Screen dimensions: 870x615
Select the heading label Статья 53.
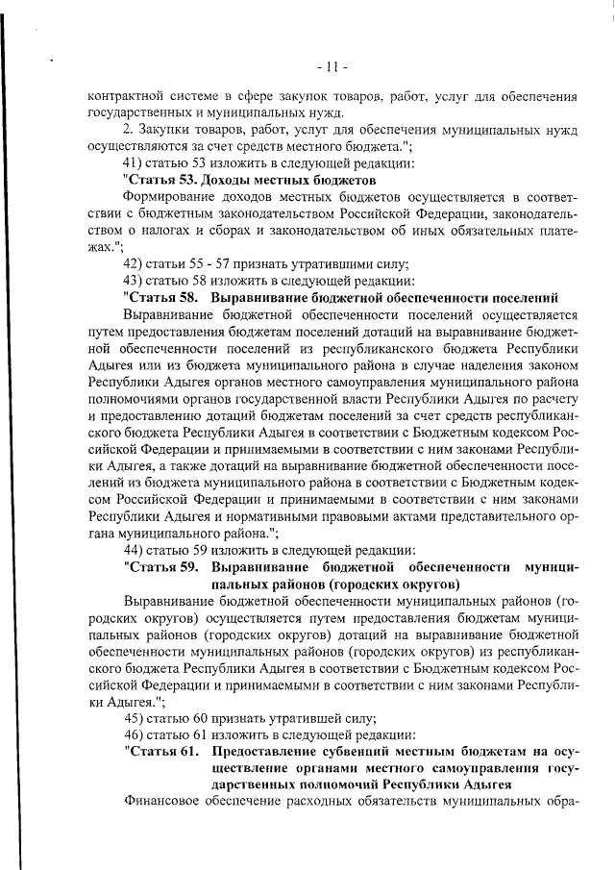click(x=161, y=180)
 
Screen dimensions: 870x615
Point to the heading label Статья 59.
click(x=161, y=566)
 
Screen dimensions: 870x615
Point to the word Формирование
click(x=169, y=197)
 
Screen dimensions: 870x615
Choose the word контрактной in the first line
click(x=126, y=96)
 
